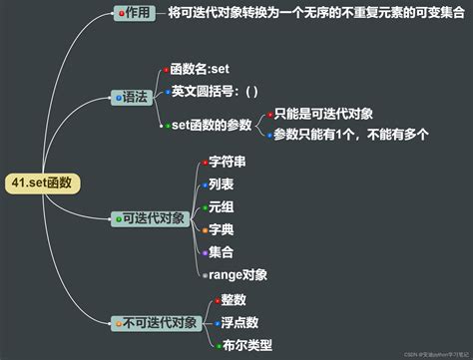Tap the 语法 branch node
tap(132, 97)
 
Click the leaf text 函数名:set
tap(200, 70)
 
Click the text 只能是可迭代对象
tap(322, 115)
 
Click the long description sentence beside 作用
tap(310, 14)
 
